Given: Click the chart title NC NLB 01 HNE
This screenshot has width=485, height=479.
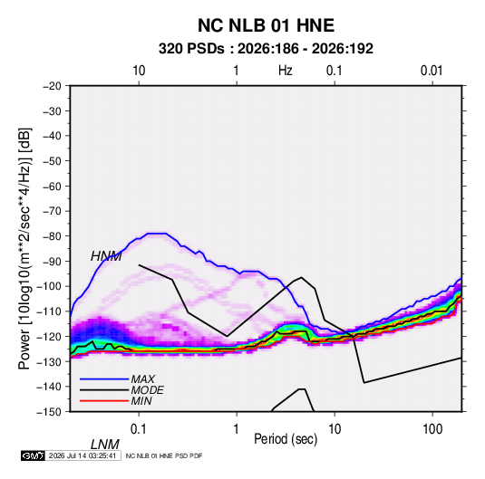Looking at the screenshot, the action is pyautogui.click(x=266, y=25).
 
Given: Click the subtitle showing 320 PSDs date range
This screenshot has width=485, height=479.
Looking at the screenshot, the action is pyautogui.click(x=266, y=49).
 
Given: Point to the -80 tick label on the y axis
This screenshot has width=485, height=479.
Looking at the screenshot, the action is pyautogui.click(x=52, y=236).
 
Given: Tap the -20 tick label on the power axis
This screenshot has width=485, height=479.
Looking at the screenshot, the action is pyautogui.click(x=52, y=86).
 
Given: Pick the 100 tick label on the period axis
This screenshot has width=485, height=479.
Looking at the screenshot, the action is pyautogui.click(x=432, y=429).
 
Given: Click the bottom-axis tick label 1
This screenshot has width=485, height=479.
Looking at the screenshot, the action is pyautogui.click(x=236, y=429).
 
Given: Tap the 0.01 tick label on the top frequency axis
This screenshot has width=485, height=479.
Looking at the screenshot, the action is pyautogui.click(x=432, y=71).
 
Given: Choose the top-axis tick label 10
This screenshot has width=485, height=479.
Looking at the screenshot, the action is pyautogui.click(x=139, y=71).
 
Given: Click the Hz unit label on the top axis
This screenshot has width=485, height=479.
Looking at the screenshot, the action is pyautogui.click(x=285, y=71).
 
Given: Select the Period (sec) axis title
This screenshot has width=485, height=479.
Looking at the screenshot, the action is pyautogui.click(x=286, y=439).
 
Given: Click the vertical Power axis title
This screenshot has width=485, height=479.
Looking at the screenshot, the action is pyautogui.click(x=24, y=249).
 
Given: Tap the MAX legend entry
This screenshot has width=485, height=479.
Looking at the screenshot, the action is pyautogui.click(x=142, y=379).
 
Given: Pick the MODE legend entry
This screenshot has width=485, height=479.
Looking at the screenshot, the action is pyautogui.click(x=147, y=390).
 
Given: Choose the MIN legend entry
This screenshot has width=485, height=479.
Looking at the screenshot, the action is pyautogui.click(x=141, y=401).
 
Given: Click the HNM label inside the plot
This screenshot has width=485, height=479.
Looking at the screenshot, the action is pyautogui.click(x=106, y=256).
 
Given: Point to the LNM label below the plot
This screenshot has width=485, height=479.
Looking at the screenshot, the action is pyautogui.click(x=105, y=445).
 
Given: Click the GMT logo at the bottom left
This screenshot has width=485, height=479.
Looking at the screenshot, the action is pyautogui.click(x=33, y=455).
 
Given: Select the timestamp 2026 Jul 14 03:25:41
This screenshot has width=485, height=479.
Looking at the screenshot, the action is pyautogui.click(x=82, y=455).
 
